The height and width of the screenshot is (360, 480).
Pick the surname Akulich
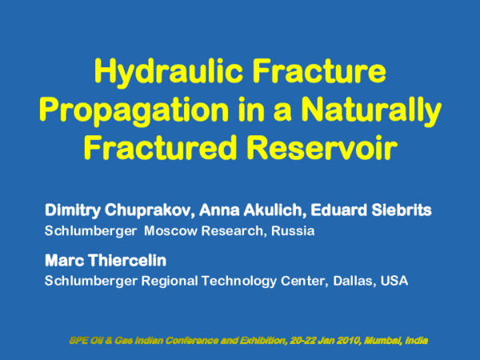[x=274, y=211]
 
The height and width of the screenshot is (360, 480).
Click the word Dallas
[x=346, y=282]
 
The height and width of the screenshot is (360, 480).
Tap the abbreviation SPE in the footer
[x=79, y=340]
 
